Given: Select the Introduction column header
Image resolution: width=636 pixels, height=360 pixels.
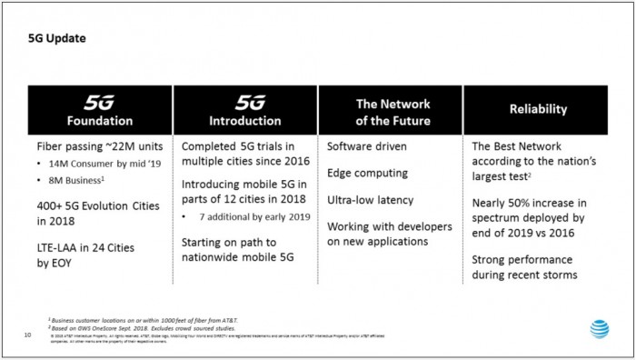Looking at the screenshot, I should tap(244, 120).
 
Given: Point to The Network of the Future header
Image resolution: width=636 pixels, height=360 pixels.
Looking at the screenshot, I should tap(392, 111).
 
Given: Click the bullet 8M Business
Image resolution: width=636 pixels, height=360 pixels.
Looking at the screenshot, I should tap(75, 181).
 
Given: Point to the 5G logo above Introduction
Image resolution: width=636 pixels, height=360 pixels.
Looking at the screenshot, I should tap(244, 101).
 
